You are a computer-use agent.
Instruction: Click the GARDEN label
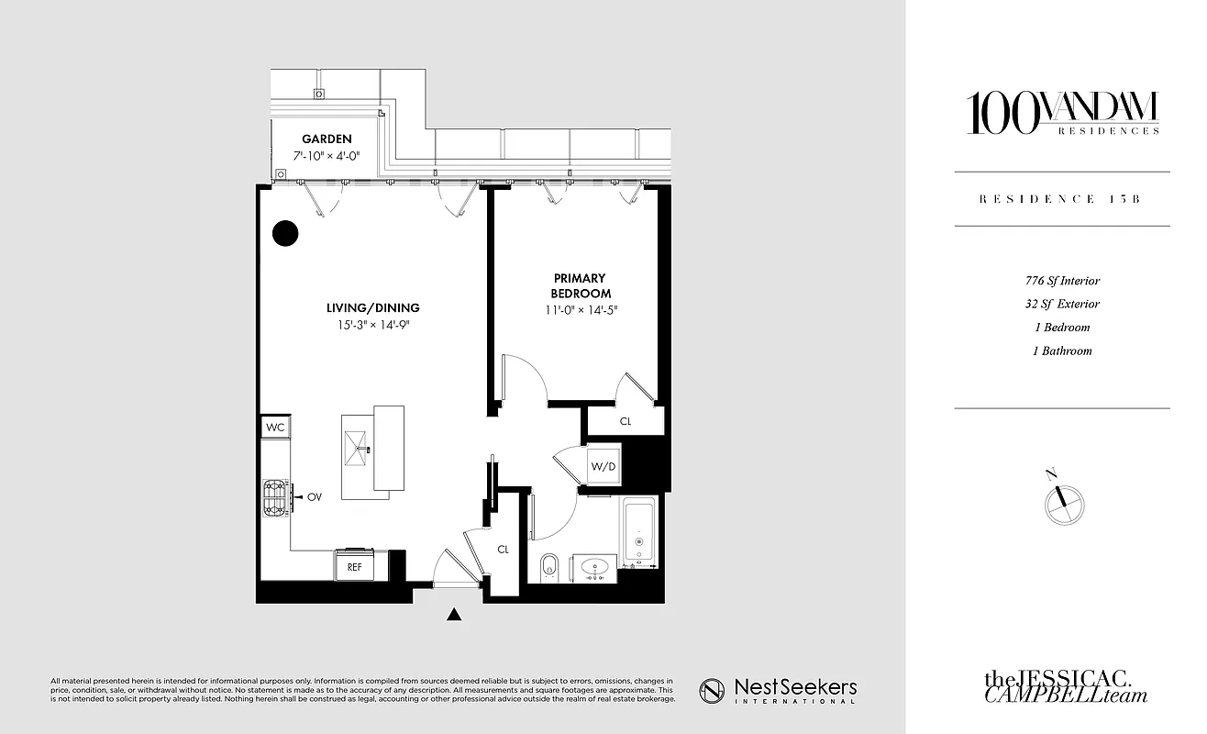click(327, 139)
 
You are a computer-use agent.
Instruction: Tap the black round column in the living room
click(285, 234)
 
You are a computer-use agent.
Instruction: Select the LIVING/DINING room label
click(373, 307)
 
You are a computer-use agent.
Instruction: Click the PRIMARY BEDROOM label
click(579, 285)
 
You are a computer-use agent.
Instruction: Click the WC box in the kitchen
click(275, 428)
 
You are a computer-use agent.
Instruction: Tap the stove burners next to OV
click(275, 497)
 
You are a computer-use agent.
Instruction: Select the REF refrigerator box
click(354, 567)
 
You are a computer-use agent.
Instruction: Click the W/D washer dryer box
click(603, 466)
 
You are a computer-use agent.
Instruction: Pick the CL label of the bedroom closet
click(626, 422)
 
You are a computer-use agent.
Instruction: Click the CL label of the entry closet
click(503, 550)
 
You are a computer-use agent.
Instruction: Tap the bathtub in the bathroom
click(639, 533)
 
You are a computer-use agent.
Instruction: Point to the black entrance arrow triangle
click(454, 615)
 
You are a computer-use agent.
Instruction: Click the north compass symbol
click(1064, 502)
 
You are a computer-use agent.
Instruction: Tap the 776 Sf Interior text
click(1062, 281)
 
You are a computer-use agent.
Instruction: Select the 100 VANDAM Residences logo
click(1062, 114)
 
